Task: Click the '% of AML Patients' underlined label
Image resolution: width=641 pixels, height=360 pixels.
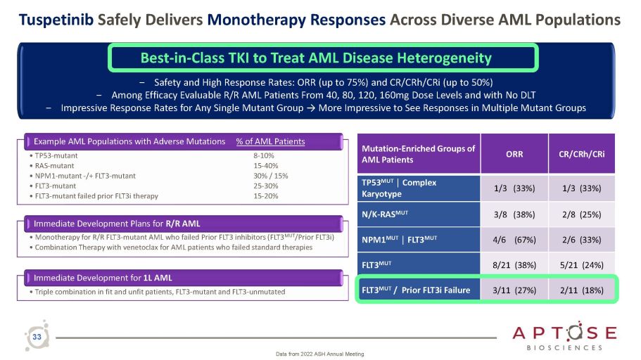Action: [x=270, y=141]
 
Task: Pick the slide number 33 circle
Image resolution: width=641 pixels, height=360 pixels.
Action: [x=37, y=338]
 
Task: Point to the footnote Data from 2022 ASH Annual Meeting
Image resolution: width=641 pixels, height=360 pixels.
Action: [x=320, y=354]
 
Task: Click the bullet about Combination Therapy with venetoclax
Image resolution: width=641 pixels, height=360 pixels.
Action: [x=172, y=247]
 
